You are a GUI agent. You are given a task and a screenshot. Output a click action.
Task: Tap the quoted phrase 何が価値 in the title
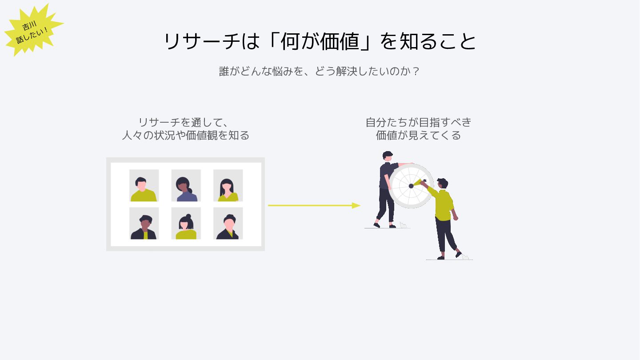(320, 41)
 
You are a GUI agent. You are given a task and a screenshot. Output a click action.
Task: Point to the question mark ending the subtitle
(416, 71)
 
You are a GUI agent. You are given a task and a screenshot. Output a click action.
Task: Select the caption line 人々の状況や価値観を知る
(186, 135)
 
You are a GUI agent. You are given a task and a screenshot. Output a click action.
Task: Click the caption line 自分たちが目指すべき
(418, 122)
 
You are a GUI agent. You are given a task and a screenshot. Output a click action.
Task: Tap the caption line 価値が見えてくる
(418, 135)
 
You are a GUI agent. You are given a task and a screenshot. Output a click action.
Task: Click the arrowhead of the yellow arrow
(356, 205)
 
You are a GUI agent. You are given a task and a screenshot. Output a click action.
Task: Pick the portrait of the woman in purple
(186, 185)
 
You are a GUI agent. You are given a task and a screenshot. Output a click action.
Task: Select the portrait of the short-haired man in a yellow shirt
(144, 185)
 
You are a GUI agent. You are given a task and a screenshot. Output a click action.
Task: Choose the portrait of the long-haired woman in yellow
(228, 185)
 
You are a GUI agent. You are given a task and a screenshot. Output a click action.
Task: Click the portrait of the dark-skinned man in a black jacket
(144, 223)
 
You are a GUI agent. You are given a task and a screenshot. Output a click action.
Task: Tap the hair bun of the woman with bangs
(188, 216)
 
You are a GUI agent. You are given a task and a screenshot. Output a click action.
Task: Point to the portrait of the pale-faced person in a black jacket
(228, 223)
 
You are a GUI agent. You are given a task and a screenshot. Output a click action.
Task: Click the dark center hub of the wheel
(411, 186)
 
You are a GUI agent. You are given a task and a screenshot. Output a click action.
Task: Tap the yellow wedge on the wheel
(417, 182)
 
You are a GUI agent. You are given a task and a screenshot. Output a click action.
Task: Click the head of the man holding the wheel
(388, 156)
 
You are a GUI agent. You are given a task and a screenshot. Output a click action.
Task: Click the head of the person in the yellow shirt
(443, 183)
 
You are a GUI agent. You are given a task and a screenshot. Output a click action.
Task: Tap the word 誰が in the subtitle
(229, 71)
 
